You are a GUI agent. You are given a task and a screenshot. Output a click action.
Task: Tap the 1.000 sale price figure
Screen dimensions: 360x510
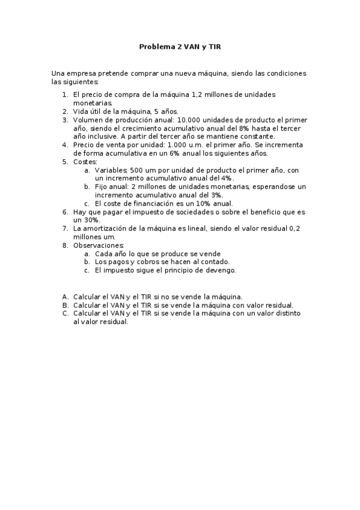click(x=162, y=145)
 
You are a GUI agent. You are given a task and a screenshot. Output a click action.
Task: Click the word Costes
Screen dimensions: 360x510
click(x=85, y=162)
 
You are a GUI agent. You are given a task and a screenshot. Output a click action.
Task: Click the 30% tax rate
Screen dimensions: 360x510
click(x=82, y=220)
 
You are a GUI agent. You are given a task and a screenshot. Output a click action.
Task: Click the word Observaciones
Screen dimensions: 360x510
click(x=98, y=245)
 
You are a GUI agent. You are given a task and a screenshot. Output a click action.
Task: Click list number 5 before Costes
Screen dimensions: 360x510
click(x=66, y=162)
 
